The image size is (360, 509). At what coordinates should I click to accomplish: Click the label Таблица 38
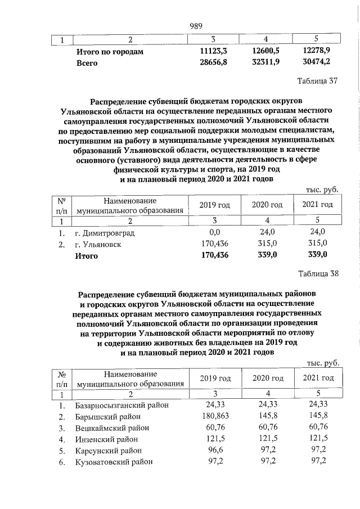[318, 274]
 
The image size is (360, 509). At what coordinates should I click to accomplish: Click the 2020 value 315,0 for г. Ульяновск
[265, 244]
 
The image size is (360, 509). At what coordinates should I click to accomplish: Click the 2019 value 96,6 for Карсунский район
[214, 451]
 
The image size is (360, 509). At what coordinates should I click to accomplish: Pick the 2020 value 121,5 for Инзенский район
[265, 439]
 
